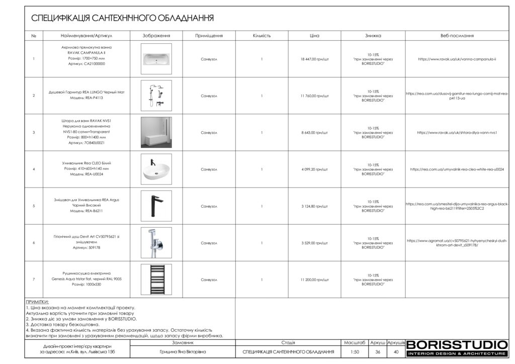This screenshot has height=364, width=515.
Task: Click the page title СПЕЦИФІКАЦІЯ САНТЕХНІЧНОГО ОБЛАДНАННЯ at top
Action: pos(122,18)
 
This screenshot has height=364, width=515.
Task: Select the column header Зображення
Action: pos(156,36)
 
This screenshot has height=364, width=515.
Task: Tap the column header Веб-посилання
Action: pos(457,36)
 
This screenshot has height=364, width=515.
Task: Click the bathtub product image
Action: pos(156,59)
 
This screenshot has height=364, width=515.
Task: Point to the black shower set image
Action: pos(156,96)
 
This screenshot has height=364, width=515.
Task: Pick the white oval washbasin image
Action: pos(156,169)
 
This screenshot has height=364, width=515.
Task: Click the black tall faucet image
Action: pos(156,206)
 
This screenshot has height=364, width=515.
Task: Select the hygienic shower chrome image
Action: pos(156,243)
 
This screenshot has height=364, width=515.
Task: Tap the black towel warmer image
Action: pos(156,279)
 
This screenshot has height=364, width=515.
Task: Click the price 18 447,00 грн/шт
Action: pos(314,59)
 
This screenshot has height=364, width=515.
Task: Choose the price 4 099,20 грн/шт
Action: pos(314,169)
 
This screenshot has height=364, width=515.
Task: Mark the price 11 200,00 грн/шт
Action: pos(314,280)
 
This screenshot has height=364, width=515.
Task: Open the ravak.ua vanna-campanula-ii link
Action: pos(457,59)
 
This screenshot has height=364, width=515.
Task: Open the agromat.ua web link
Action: pos(457,243)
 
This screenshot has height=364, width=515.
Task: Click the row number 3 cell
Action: pos(33,133)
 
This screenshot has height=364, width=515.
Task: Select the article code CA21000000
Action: pos(83,64)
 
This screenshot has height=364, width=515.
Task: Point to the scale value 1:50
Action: pos(355,352)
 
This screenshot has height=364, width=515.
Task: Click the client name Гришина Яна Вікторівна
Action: pos(183,352)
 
